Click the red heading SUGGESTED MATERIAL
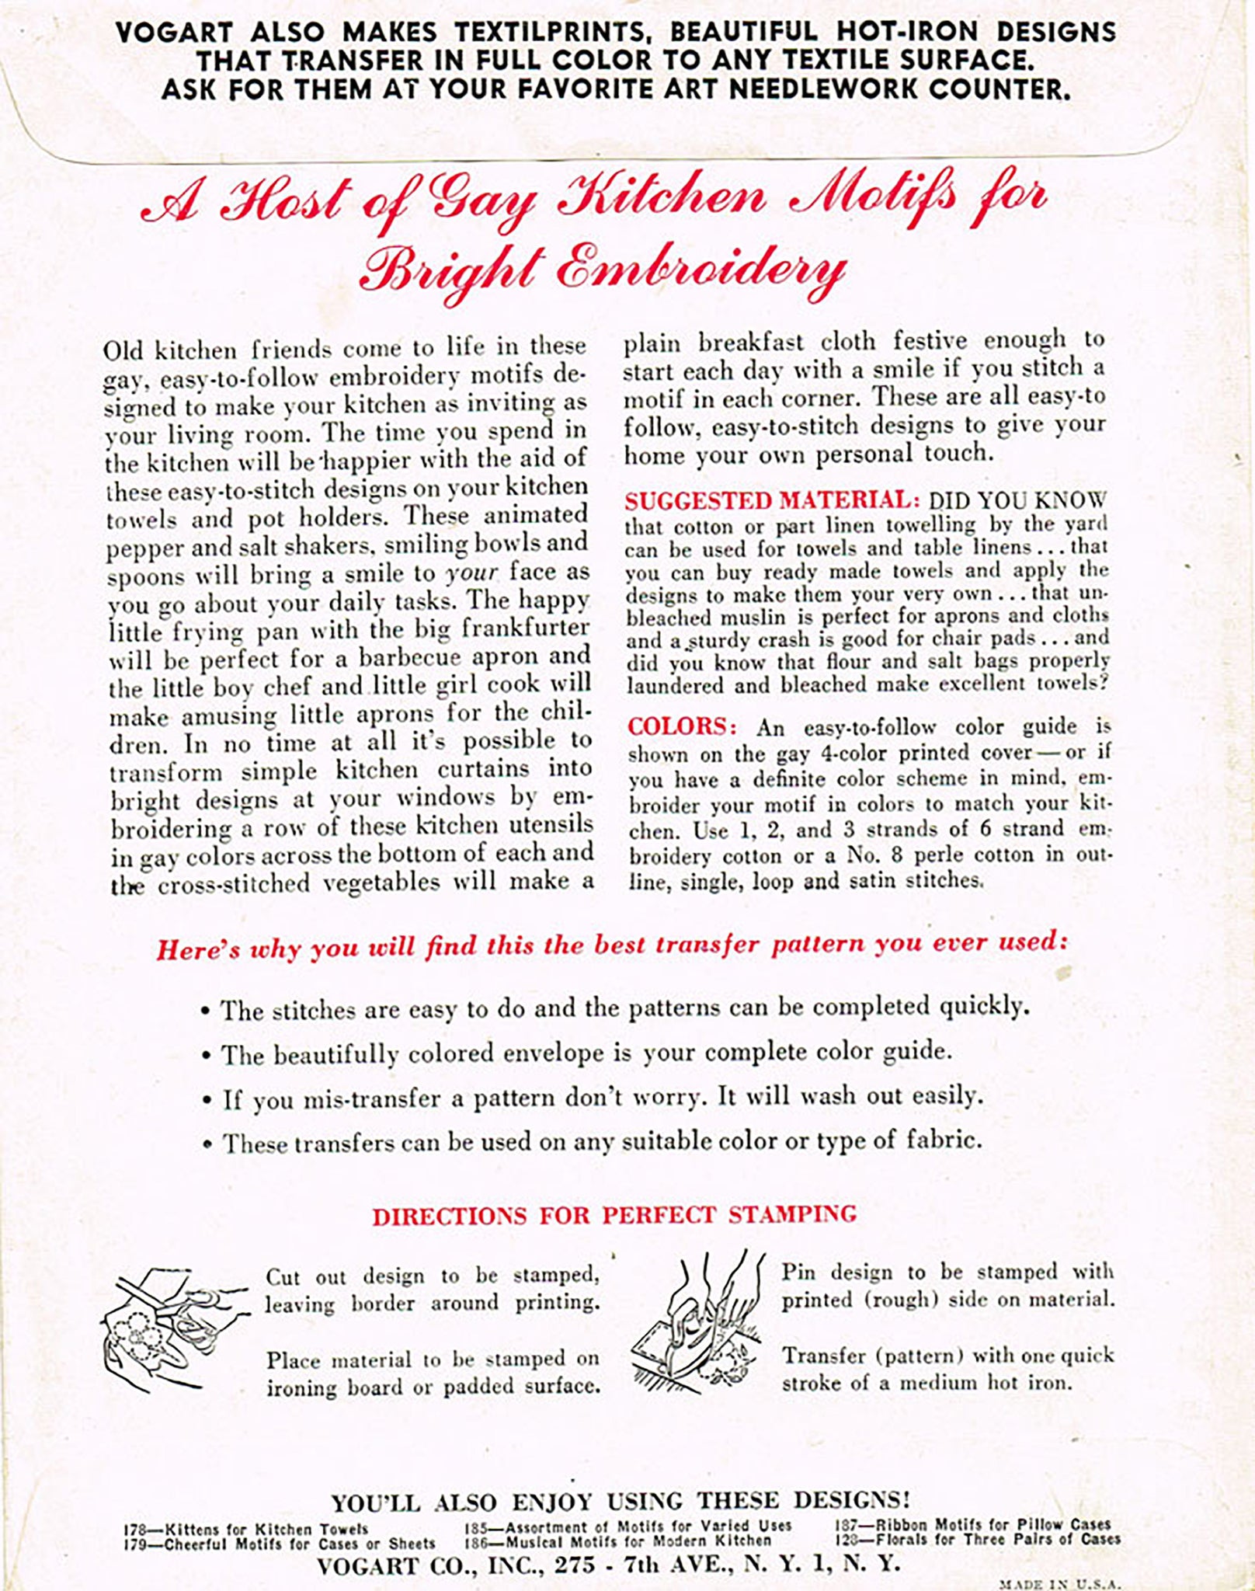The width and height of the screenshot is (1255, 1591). click(x=771, y=500)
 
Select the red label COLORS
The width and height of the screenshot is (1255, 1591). click(x=681, y=726)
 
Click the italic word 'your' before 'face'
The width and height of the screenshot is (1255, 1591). click(x=471, y=573)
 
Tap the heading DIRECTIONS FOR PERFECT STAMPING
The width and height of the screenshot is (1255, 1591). click(x=614, y=1215)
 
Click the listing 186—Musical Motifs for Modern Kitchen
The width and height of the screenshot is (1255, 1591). click(x=617, y=1541)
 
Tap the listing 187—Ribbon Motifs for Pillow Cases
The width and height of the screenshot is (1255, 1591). click(x=972, y=1525)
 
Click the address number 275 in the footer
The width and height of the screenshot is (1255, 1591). click(x=575, y=1564)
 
